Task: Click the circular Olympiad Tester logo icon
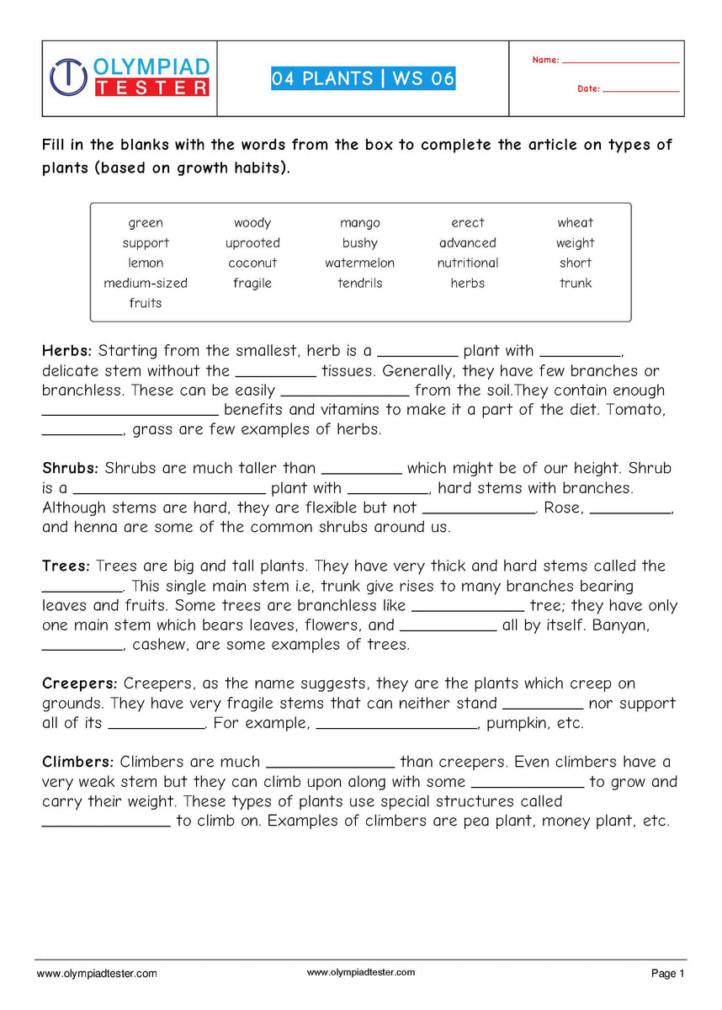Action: click(68, 77)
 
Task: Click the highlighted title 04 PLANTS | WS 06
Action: click(363, 79)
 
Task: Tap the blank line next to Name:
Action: click(620, 61)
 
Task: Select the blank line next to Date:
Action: click(640, 89)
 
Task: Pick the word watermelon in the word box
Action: click(359, 263)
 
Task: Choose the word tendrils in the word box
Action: click(359, 284)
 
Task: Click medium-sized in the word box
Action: click(146, 284)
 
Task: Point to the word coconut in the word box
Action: click(252, 263)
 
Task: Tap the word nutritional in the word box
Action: click(467, 263)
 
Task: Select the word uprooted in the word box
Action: click(252, 243)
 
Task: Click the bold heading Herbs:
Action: click(69, 351)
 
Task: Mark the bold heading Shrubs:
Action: click(71, 468)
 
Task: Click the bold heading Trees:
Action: click(66, 566)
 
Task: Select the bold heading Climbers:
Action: click(78, 762)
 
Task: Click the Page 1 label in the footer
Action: click(668, 974)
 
